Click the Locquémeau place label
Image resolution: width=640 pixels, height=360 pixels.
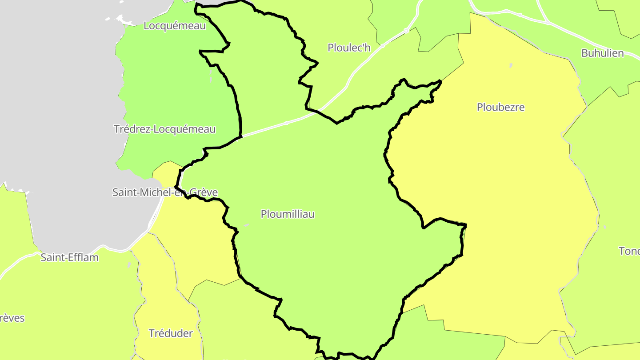pyautogui.click(x=175, y=26)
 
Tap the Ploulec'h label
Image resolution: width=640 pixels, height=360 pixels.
pyautogui.click(x=349, y=48)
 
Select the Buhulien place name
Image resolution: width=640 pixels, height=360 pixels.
pyautogui.click(x=602, y=53)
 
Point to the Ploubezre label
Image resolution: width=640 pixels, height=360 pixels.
pyautogui.click(x=500, y=107)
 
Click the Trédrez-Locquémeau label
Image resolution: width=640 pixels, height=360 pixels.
pyautogui.click(x=164, y=129)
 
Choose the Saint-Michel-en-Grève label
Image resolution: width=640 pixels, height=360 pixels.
pyautogui.click(x=165, y=192)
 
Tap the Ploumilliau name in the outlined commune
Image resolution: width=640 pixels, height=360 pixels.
pyautogui.click(x=288, y=214)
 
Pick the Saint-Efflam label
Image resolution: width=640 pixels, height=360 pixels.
pyautogui.click(x=70, y=257)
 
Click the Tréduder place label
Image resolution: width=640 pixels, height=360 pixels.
pyautogui.click(x=171, y=333)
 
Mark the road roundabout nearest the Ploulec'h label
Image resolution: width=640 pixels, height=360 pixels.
pyautogui.click(x=406, y=31)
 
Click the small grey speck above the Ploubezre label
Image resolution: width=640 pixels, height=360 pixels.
pyautogui.click(x=511, y=66)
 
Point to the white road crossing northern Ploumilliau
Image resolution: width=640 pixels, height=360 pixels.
pyautogui.click(x=284, y=123)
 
